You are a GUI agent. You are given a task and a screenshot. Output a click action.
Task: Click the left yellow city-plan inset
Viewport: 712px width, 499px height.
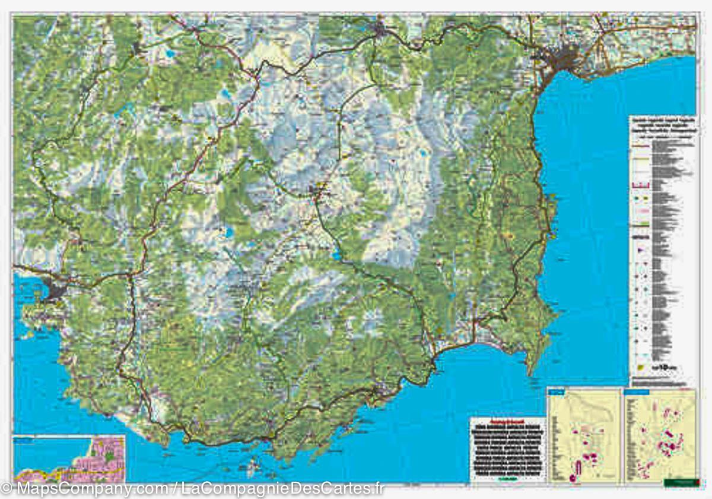click(584, 437)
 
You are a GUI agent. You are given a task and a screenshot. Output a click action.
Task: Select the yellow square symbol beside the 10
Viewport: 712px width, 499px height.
click(641, 367)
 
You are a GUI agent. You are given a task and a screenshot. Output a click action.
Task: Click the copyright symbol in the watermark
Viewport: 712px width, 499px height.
click(6, 489)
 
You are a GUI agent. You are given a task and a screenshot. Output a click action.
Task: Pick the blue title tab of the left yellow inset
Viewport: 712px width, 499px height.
click(557, 392)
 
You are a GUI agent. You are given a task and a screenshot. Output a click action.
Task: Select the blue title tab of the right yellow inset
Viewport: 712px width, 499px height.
click(634, 392)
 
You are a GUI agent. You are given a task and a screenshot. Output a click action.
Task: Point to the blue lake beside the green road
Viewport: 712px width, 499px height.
click(337, 256)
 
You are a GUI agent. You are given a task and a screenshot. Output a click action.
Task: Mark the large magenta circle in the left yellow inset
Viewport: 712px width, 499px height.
click(573, 477)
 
